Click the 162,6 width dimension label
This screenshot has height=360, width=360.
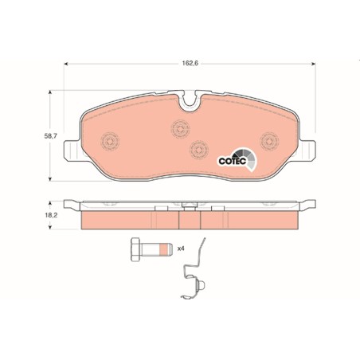(x=190, y=64)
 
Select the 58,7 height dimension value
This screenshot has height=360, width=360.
(x=50, y=136)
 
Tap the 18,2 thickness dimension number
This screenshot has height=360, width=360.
(x=51, y=215)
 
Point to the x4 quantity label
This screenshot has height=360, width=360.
(x=181, y=248)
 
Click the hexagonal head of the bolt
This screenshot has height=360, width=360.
(x=135, y=249)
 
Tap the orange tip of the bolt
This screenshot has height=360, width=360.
(x=164, y=249)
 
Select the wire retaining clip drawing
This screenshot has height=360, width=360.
(x=194, y=268)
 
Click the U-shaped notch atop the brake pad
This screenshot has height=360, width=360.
(x=190, y=102)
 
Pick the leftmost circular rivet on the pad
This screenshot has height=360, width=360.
(x=110, y=141)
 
